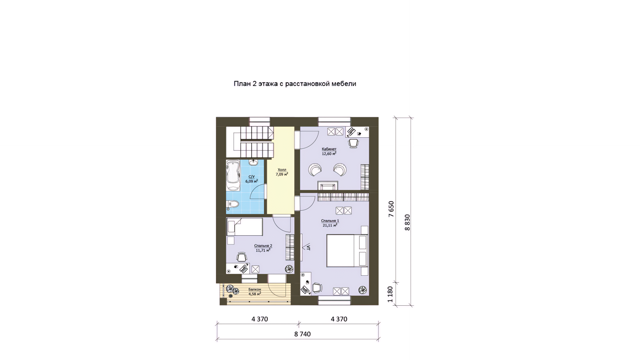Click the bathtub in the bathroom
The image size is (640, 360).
[x=233, y=175]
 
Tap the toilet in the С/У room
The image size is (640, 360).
[x=232, y=204]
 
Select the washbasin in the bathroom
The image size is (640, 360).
[x=253, y=162]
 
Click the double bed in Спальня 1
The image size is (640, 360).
[x=347, y=251]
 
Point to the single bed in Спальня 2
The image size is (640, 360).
[x=244, y=227]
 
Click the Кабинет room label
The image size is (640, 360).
[x=329, y=149]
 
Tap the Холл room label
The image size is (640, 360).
[x=282, y=170]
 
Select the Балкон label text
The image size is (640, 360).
[x=255, y=289]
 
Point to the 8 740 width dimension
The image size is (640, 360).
[x=303, y=334]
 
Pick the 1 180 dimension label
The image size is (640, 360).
[x=391, y=294]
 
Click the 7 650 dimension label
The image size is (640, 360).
[x=391, y=209]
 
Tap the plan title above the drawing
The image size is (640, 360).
[x=295, y=84]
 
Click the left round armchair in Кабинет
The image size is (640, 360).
[x=315, y=169]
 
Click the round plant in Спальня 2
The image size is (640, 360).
[x=289, y=269]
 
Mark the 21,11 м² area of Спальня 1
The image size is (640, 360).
[x=330, y=225]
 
